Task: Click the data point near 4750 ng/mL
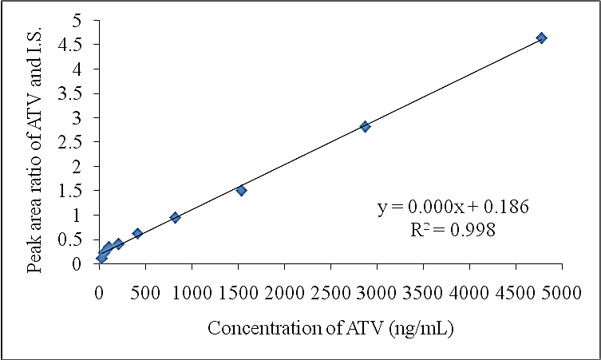coord(541,38)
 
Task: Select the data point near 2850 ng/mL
coord(365,126)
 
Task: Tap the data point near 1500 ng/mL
coord(241,190)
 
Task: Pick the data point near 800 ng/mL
coord(175,217)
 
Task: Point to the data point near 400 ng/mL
coord(137,233)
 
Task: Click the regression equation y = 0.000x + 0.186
coord(453,208)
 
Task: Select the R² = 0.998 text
coord(453,230)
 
